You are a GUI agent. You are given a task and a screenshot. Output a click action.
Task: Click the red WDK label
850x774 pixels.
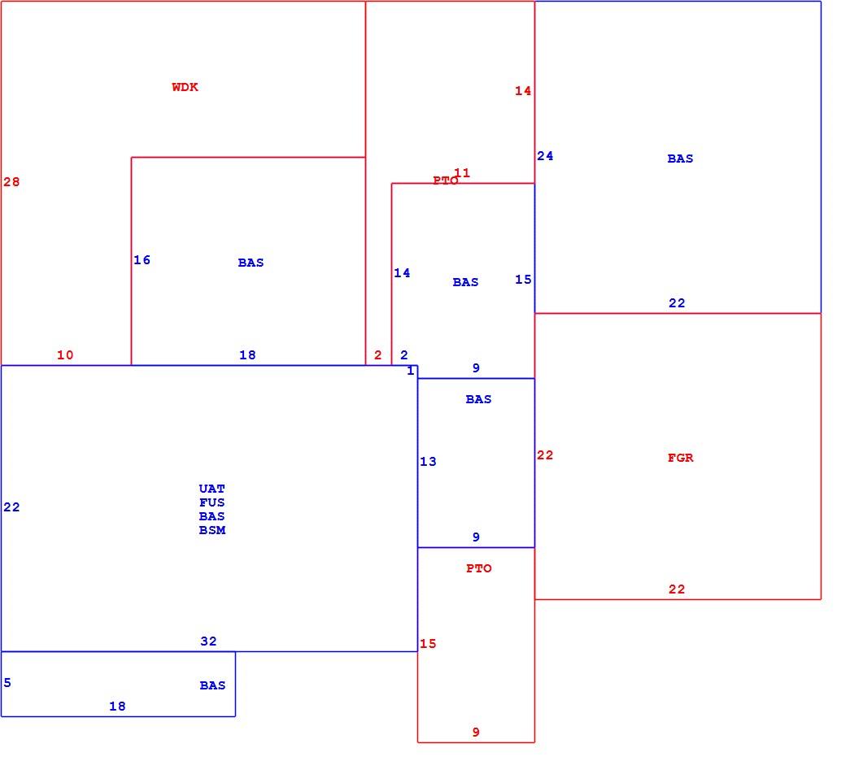[x=185, y=87]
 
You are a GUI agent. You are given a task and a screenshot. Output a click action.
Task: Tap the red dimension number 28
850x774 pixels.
[x=11, y=182]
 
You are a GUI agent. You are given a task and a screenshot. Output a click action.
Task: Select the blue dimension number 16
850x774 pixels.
[x=142, y=260]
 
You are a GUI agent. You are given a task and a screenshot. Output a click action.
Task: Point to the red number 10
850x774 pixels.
[x=65, y=355]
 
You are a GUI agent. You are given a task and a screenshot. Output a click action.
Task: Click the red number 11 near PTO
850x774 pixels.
[x=462, y=173]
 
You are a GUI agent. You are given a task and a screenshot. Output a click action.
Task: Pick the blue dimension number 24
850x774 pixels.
[x=545, y=156]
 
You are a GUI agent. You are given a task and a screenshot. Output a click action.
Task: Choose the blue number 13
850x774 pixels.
[x=428, y=462]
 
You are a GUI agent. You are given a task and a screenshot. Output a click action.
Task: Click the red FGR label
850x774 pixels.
[x=680, y=458]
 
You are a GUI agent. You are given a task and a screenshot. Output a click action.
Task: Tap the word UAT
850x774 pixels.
[x=212, y=489]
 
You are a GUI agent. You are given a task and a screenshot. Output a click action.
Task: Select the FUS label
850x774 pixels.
[x=212, y=503]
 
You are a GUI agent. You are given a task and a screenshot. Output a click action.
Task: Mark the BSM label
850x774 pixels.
[x=212, y=531]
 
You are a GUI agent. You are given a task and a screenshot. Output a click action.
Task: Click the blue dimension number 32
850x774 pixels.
[x=209, y=641]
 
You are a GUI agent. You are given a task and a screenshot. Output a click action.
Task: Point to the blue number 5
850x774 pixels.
[x=7, y=683]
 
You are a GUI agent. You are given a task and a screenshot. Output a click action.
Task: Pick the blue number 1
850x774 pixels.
[x=411, y=371]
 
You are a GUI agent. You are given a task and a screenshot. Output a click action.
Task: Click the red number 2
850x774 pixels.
[x=378, y=355]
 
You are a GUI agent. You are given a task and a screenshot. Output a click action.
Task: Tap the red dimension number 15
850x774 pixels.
[x=428, y=644]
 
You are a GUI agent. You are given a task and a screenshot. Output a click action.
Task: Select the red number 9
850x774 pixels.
[x=476, y=733]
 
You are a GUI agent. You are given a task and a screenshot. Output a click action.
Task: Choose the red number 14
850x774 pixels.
[x=523, y=91]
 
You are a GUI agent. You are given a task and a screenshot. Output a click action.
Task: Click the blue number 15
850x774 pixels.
[x=523, y=280]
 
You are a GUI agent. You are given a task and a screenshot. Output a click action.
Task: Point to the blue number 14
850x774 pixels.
[x=402, y=273]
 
